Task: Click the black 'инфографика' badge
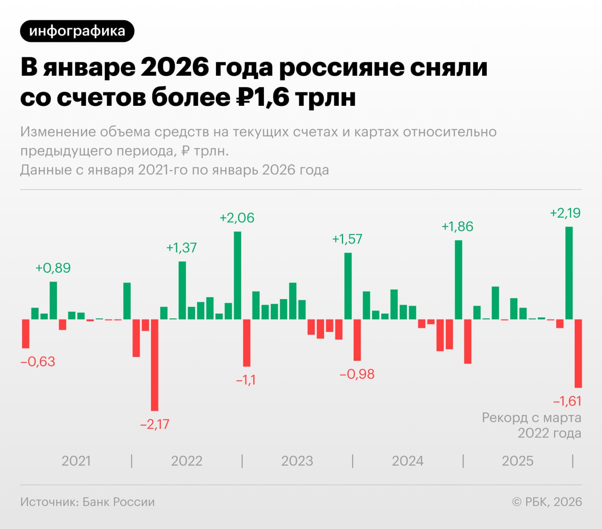click(x=77, y=31)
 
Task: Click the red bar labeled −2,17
click(x=154, y=365)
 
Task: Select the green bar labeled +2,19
click(x=569, y=273)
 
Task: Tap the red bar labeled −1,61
click(x=578, y=354)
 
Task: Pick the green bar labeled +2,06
click(x=238, y=276)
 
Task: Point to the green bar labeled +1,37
click(x=182, y=290)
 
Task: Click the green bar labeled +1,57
click(x=348, y=286)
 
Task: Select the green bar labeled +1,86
click(x=459, y=280)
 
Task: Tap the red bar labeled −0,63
click(x=26, y=334)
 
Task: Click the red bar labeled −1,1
click(x=246, y=343)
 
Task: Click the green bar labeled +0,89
click(x=53, y=300)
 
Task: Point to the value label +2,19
click(x=565, y=213)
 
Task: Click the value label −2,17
click(x=154, y=424)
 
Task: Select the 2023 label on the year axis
click(x=297, y=461)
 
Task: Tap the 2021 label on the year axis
click(x=76, y=461)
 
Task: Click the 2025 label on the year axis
click(x=517, y=461)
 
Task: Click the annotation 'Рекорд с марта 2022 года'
click(x=531, y=425)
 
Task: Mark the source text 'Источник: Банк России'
click(x=87, y=502)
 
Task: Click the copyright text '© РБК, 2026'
click(x=547, y=502)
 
